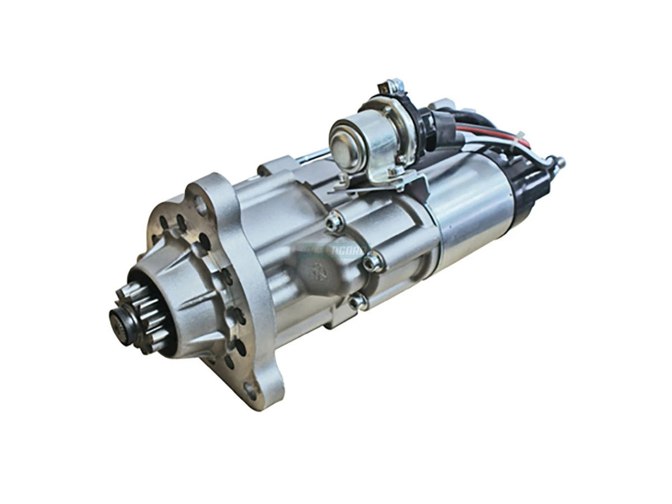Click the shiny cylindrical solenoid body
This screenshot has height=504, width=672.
coord(470,207)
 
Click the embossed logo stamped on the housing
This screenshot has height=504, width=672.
coord(320,268)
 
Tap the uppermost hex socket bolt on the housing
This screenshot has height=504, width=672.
coord(334,223)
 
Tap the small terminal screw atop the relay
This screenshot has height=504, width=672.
coord(394,86)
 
